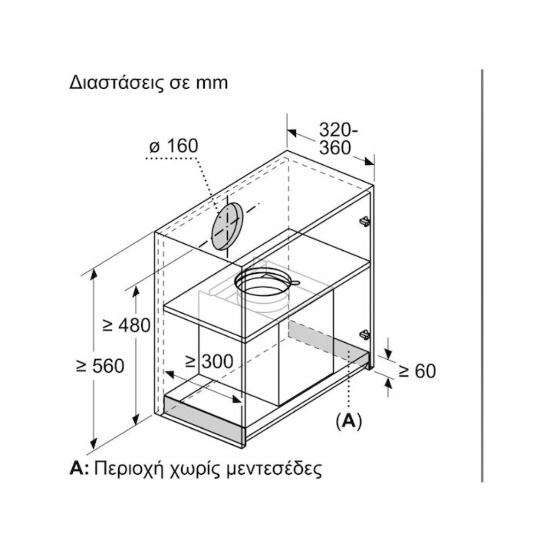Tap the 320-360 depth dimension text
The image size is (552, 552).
(x=338, y=139)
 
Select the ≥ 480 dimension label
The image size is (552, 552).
(x=126, y=325)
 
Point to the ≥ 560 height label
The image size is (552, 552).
(x=100, y=366)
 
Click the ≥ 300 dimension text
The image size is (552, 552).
(x=209, y=362)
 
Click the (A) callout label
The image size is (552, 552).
(x=349, y=421)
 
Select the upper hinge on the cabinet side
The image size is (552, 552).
(x=365, y=221)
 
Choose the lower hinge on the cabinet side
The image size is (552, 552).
(x=365, y=334)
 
